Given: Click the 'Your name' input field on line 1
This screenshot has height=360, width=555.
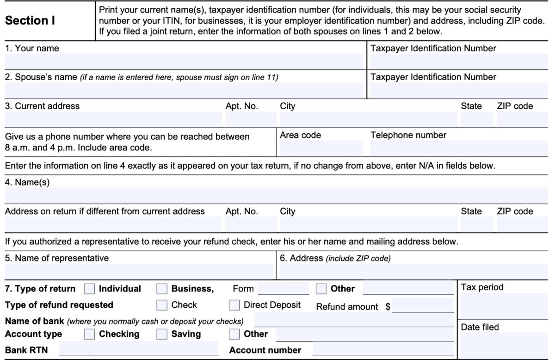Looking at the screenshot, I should (184, 61).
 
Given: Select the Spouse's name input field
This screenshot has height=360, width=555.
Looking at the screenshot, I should (184, 90).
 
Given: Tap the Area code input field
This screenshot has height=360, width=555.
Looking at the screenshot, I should (321, 148).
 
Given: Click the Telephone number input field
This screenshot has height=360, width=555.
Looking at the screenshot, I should (459, 148).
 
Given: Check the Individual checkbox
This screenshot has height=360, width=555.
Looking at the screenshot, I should (89, 289).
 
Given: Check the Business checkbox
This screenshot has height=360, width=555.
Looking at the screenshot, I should (162, 289).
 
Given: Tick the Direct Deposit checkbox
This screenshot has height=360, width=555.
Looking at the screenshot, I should (234, 305).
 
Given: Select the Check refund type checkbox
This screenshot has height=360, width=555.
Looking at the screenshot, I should (162, 305).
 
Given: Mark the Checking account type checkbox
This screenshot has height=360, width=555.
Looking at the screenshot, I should (89, 334).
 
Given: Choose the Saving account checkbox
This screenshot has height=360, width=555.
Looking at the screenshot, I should (162, 334).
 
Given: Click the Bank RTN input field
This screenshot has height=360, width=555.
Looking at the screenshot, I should (138, 349).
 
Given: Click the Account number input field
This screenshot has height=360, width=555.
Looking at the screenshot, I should (383, 349).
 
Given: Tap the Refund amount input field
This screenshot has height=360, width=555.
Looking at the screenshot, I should (423, 306).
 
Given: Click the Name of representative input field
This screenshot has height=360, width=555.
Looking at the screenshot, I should (138, 271).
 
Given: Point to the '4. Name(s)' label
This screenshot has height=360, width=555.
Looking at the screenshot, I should (27, 182).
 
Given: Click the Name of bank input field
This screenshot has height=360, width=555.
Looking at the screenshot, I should (354, 320).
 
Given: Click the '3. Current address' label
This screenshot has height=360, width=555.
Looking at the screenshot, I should (42, 106).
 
